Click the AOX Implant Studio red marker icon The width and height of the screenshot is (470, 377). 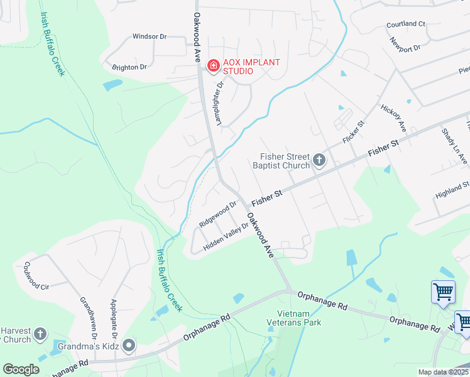point(213,65)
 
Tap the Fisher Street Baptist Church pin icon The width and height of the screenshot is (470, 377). point(319,160)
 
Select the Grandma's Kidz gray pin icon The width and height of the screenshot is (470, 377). point(129,345)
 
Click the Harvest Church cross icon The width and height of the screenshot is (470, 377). point(40,334)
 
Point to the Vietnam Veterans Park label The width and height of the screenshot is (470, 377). point(299,318)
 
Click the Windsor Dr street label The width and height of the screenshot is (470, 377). point(149,36)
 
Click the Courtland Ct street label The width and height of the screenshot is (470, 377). point(406,24)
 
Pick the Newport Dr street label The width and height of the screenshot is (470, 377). point(404,43)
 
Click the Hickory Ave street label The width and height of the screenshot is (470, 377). point(394,117)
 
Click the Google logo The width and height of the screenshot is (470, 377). point(21,369)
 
